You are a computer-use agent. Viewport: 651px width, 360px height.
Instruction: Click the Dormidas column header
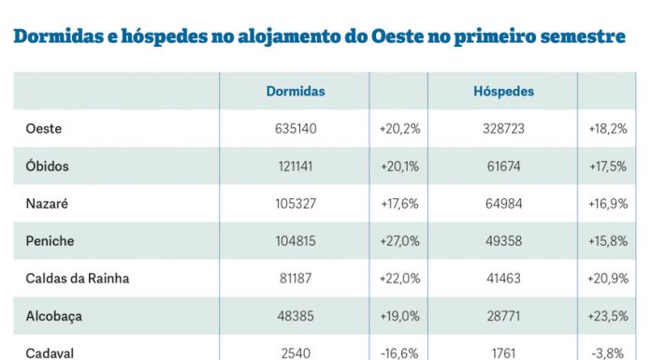point(295,92)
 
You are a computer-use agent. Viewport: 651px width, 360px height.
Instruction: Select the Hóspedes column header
point(503,92)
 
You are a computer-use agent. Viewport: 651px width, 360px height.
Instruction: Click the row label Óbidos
point(47,166)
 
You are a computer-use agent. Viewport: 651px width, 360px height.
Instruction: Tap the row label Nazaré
point(47,204)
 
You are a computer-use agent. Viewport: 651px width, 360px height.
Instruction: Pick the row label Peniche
point(50,241)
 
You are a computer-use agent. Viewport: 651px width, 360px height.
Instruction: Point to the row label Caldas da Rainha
point(77,279)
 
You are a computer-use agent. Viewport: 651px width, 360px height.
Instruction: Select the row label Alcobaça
point(54,316)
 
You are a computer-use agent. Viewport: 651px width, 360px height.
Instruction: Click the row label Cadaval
point(51,353)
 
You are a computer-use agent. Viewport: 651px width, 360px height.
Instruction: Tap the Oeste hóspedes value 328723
point(502,129)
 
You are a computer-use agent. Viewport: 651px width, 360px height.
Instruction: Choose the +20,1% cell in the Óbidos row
point(399,166)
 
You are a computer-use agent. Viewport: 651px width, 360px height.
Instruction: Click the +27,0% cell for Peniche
point(399,241)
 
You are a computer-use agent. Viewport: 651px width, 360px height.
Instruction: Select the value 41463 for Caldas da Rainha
point(503,279)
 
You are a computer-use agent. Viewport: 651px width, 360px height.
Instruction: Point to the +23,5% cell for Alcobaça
point(608,316)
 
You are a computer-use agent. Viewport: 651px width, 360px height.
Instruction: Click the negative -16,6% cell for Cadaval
point(400,353)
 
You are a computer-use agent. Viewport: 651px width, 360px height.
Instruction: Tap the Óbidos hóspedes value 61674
point(503,166)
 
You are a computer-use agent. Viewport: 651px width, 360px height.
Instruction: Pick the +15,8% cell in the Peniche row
point(608,241)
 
